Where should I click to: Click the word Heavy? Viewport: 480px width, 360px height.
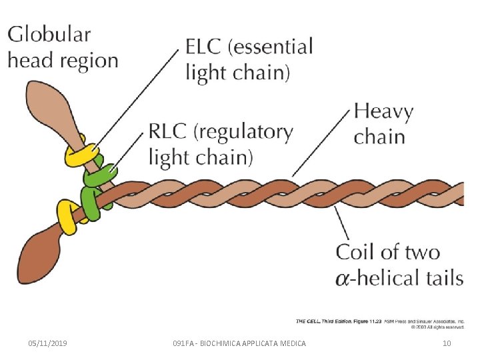tap(383, 112)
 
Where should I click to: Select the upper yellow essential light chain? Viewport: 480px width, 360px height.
tap(79, 156)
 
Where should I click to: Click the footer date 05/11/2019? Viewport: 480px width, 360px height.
tap(47, 343)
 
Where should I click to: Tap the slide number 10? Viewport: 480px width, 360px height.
tap(447, 343)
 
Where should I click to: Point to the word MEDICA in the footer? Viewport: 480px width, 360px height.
tap(291, 343)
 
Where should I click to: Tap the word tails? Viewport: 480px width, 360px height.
tap(437, 277)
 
